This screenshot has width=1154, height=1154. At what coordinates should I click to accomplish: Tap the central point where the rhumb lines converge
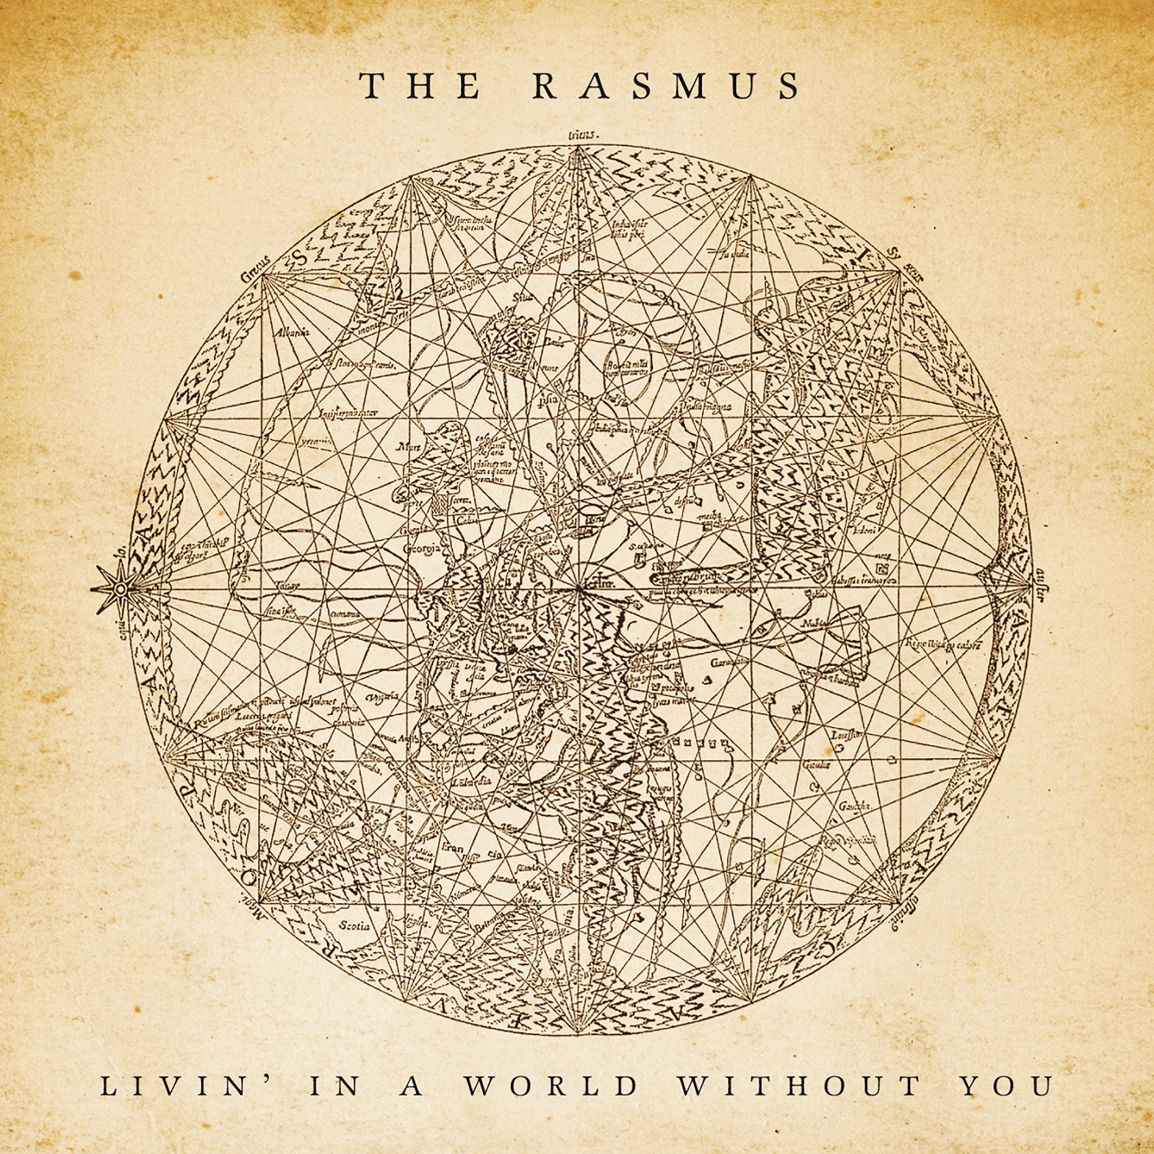tap(578, 589)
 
